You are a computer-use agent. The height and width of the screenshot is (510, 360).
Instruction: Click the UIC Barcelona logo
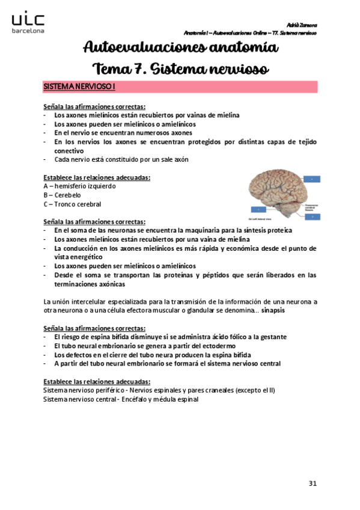(27, 23)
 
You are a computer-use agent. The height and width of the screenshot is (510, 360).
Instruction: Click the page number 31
(312, 483)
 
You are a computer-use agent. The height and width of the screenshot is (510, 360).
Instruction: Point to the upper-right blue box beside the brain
(312, 179)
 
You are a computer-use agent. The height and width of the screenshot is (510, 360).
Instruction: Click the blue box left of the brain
(257, 209)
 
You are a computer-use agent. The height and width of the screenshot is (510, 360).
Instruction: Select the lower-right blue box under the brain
(312, 217)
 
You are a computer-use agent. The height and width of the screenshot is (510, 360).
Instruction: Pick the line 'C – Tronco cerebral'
(72, 204)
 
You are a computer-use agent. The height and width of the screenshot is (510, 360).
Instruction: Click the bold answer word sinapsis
(273, 310)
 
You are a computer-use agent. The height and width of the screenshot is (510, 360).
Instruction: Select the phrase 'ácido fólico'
(222, 337)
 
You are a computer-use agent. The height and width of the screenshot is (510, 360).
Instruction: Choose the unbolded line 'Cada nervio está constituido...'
(121, 159)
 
